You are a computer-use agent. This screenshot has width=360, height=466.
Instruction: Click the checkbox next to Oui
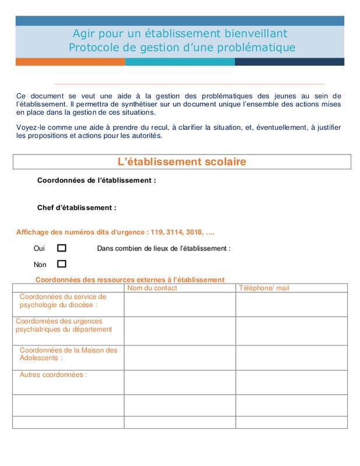62,248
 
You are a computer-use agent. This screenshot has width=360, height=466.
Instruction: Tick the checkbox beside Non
62,264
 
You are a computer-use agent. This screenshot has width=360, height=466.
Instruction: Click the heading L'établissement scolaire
182,162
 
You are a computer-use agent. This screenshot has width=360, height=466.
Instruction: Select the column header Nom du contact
152,288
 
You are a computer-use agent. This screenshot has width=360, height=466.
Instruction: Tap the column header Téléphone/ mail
264,288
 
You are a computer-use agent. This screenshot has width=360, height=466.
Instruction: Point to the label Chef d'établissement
76,207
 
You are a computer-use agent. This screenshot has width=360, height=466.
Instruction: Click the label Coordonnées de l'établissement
96,181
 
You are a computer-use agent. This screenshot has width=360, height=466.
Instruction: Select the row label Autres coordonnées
53,375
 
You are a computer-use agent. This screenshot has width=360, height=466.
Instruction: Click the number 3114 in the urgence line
174,232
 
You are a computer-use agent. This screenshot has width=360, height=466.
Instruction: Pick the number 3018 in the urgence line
195,232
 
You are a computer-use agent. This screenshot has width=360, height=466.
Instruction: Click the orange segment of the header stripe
70,62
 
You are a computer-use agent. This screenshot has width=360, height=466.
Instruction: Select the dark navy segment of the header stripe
289,62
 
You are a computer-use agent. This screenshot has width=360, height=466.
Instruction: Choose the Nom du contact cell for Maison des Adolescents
179,358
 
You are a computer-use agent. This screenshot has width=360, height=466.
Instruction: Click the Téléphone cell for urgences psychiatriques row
291,330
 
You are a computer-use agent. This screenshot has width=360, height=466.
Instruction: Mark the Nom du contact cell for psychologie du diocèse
179,304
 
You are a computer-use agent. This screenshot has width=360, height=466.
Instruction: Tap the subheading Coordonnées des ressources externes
129,280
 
